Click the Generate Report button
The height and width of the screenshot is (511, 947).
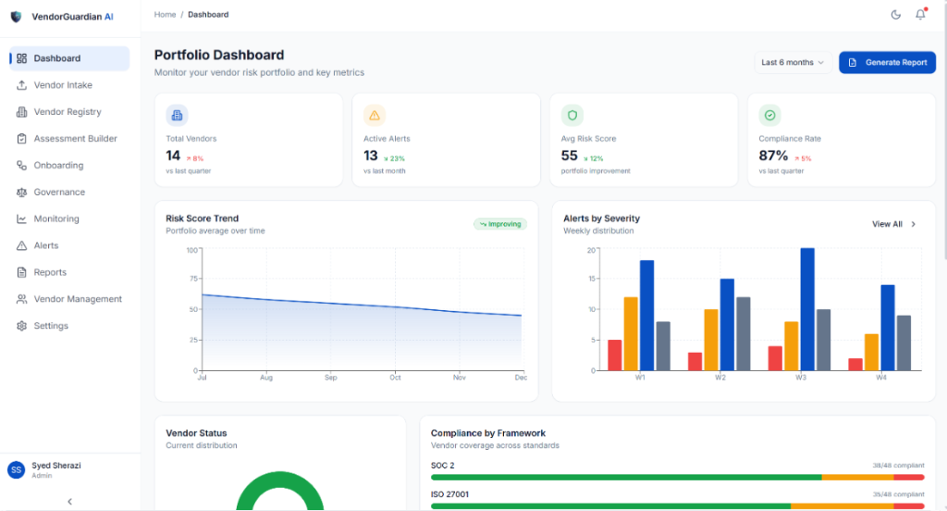click(887, 63)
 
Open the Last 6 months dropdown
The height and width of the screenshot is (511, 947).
click(792, 63)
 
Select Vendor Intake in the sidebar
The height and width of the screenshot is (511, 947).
click(63, 85)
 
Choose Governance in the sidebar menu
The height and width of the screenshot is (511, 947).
click(59, 193)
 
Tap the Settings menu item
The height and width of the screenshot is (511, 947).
click(51, 326)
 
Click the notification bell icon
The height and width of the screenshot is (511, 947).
click(920, 15)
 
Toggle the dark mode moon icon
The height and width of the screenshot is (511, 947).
click(895, 15)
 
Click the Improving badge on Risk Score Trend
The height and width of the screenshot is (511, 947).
click(499, 224)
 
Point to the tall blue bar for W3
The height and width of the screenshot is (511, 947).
click(807, 309)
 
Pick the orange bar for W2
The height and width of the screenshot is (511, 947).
click(711, 340)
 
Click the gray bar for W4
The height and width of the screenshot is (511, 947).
click(904, 343)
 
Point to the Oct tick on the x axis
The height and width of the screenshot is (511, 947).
click(394, 378)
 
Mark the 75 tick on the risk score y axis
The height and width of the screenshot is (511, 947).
click(192, 280)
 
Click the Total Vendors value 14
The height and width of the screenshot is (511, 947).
click(173, 156)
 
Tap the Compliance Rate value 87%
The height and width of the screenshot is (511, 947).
click(773, 156)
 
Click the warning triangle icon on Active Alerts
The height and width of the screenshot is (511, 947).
click(375, 116)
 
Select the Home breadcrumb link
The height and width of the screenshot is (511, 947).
click(165, 15)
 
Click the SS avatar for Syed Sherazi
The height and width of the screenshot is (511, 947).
click(16, 470)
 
